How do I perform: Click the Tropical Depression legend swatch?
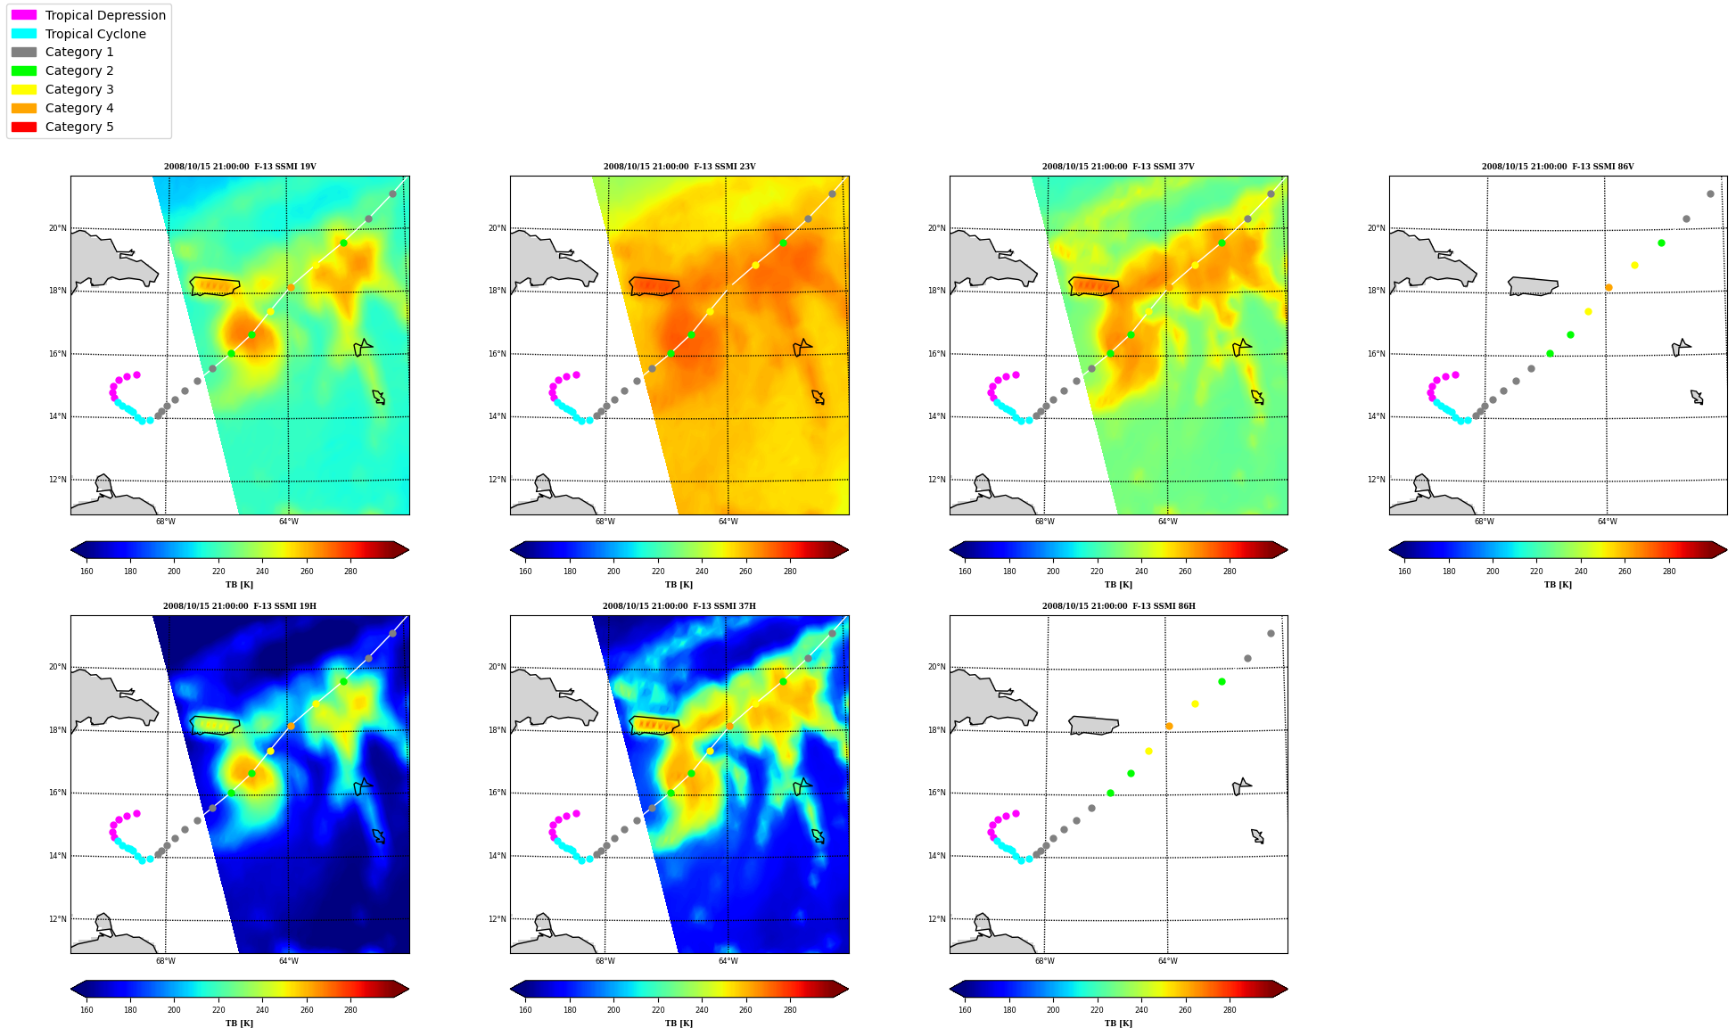click(x=24, y=15)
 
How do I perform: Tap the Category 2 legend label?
click(x=79, y=70)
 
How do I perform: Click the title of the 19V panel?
click(x=240, y=167)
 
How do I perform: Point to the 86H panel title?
click(x=1119, y=606)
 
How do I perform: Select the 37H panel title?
click(x=679, y=606)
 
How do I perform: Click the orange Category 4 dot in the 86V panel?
click(x=1608, y=287)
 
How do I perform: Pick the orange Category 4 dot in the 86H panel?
click(x=1169, y=726)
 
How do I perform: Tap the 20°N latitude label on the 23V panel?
click(x=498, y=228)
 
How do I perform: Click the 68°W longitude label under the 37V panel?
click(x=1045, y=522)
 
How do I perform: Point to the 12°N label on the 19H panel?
click(x=58, y=919)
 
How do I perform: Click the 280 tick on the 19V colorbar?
click(x=350, y=571)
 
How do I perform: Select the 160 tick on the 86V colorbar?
click(x=1404, y=571)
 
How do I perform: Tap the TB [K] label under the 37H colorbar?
click(x=679, y=1024)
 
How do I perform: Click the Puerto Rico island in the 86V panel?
click(x=1533, y=286)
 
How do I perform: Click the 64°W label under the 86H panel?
click(x=1168, y=961)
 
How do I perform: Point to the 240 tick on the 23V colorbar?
click(x=702, y=571)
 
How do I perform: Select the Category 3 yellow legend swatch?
click(x=24, y=89)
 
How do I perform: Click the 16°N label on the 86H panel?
click(x=937, y=793)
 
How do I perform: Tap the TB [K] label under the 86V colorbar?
click(x=1559, y=585)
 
